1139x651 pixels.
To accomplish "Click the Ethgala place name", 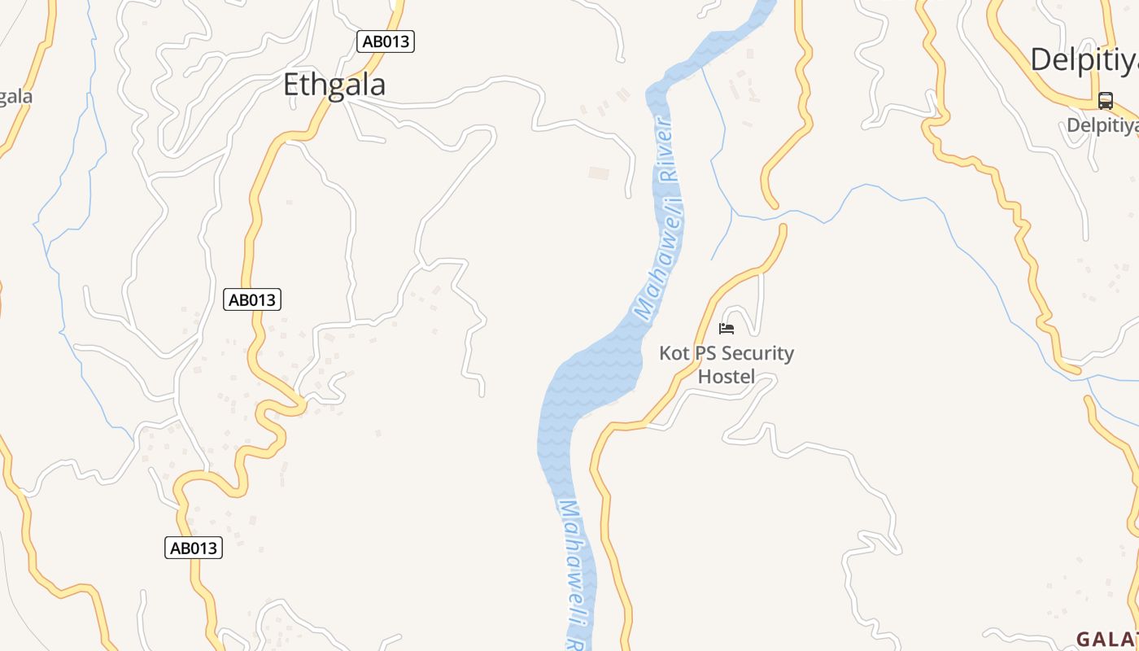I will [x=334, y=85].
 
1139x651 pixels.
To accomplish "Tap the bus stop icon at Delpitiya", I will [x=1105, y=101].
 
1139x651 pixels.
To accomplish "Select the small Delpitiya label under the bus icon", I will [x=1102, y=125].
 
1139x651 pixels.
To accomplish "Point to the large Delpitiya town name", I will [x=1084, y=59].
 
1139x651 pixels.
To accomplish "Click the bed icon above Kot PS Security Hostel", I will [x=727, y=328].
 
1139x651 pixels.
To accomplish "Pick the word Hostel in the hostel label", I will [x=727, y=377].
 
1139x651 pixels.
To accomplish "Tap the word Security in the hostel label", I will [x=757, y=353].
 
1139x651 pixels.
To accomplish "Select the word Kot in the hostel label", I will [x=674, y=353].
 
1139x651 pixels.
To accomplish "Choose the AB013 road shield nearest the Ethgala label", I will [x=386, y=41].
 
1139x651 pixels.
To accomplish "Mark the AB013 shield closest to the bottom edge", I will [x=193, y=548].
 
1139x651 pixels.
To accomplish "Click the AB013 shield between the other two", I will [x=252, y=299].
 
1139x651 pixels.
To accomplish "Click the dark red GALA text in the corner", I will [x=1107, y=639].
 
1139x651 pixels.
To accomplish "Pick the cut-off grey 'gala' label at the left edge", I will [x=15, y=96].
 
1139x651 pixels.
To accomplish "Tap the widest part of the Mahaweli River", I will [x=590, y=382].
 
